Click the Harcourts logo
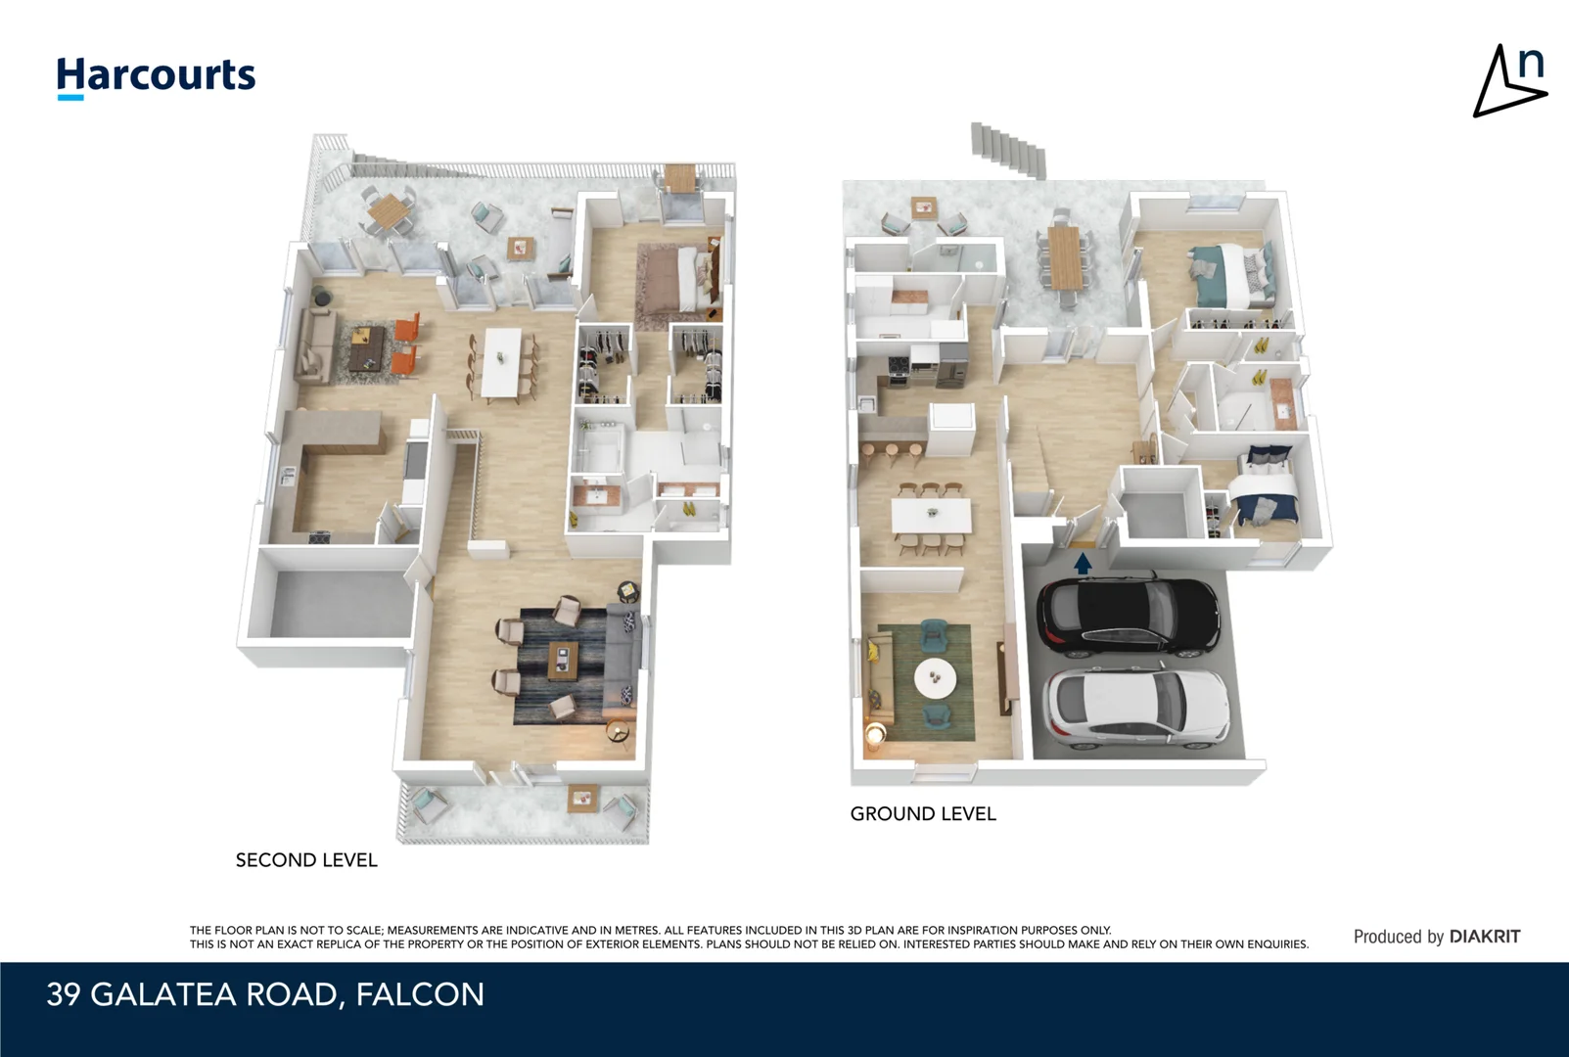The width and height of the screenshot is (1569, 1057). pos(156,76)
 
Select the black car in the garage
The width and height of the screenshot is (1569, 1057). pos(1128,617)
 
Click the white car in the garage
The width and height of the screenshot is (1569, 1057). pos(1135,707)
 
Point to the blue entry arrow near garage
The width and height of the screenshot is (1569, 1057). pos(1083,564)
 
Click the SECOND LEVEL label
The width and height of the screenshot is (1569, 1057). pos(306,860)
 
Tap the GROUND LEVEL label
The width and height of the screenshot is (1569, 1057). pos(923,814)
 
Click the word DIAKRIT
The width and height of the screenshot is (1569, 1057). pos(1485,937)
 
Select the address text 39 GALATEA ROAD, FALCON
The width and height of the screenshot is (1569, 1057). pos(265,994)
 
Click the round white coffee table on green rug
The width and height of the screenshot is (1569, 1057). pos(935,674)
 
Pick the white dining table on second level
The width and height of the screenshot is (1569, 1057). pos(503,362)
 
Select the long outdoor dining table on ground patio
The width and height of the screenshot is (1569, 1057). pos(1064,257)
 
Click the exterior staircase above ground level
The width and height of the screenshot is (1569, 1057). pos(1008,150)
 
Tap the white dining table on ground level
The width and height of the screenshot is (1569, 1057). pos(931,515)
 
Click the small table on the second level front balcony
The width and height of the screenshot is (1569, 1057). pos(581,799)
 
